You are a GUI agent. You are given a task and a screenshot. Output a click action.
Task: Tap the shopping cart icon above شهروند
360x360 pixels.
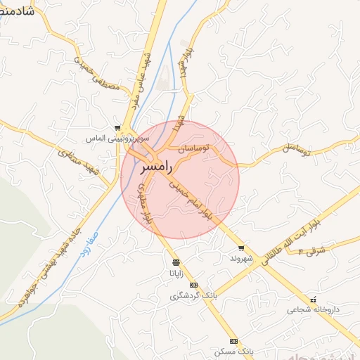tap(241, 247)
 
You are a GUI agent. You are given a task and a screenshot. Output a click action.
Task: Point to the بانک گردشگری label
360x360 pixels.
tap(194, 296)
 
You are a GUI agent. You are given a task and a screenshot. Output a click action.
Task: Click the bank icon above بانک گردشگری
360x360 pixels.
tap(194, 285)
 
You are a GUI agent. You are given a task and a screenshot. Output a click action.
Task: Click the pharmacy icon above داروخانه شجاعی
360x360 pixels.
tap(313, 300)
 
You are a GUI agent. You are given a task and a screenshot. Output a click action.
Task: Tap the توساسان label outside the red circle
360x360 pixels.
tap(295, 149)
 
